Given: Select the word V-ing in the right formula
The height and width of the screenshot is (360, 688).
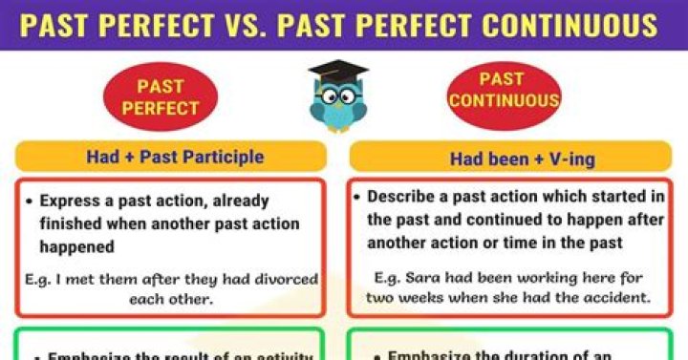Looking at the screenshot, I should [571, 159].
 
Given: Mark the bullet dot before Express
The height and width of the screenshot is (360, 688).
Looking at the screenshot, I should [31, 202].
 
